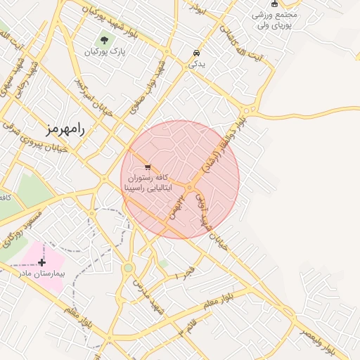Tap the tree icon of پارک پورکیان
coord(105,40)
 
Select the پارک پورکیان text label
coord(104,52)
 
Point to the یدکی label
coord(196,64)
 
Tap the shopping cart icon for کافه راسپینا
coord(147,167)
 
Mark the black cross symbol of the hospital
coord(42,262)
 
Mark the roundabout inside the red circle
coord(191,186)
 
